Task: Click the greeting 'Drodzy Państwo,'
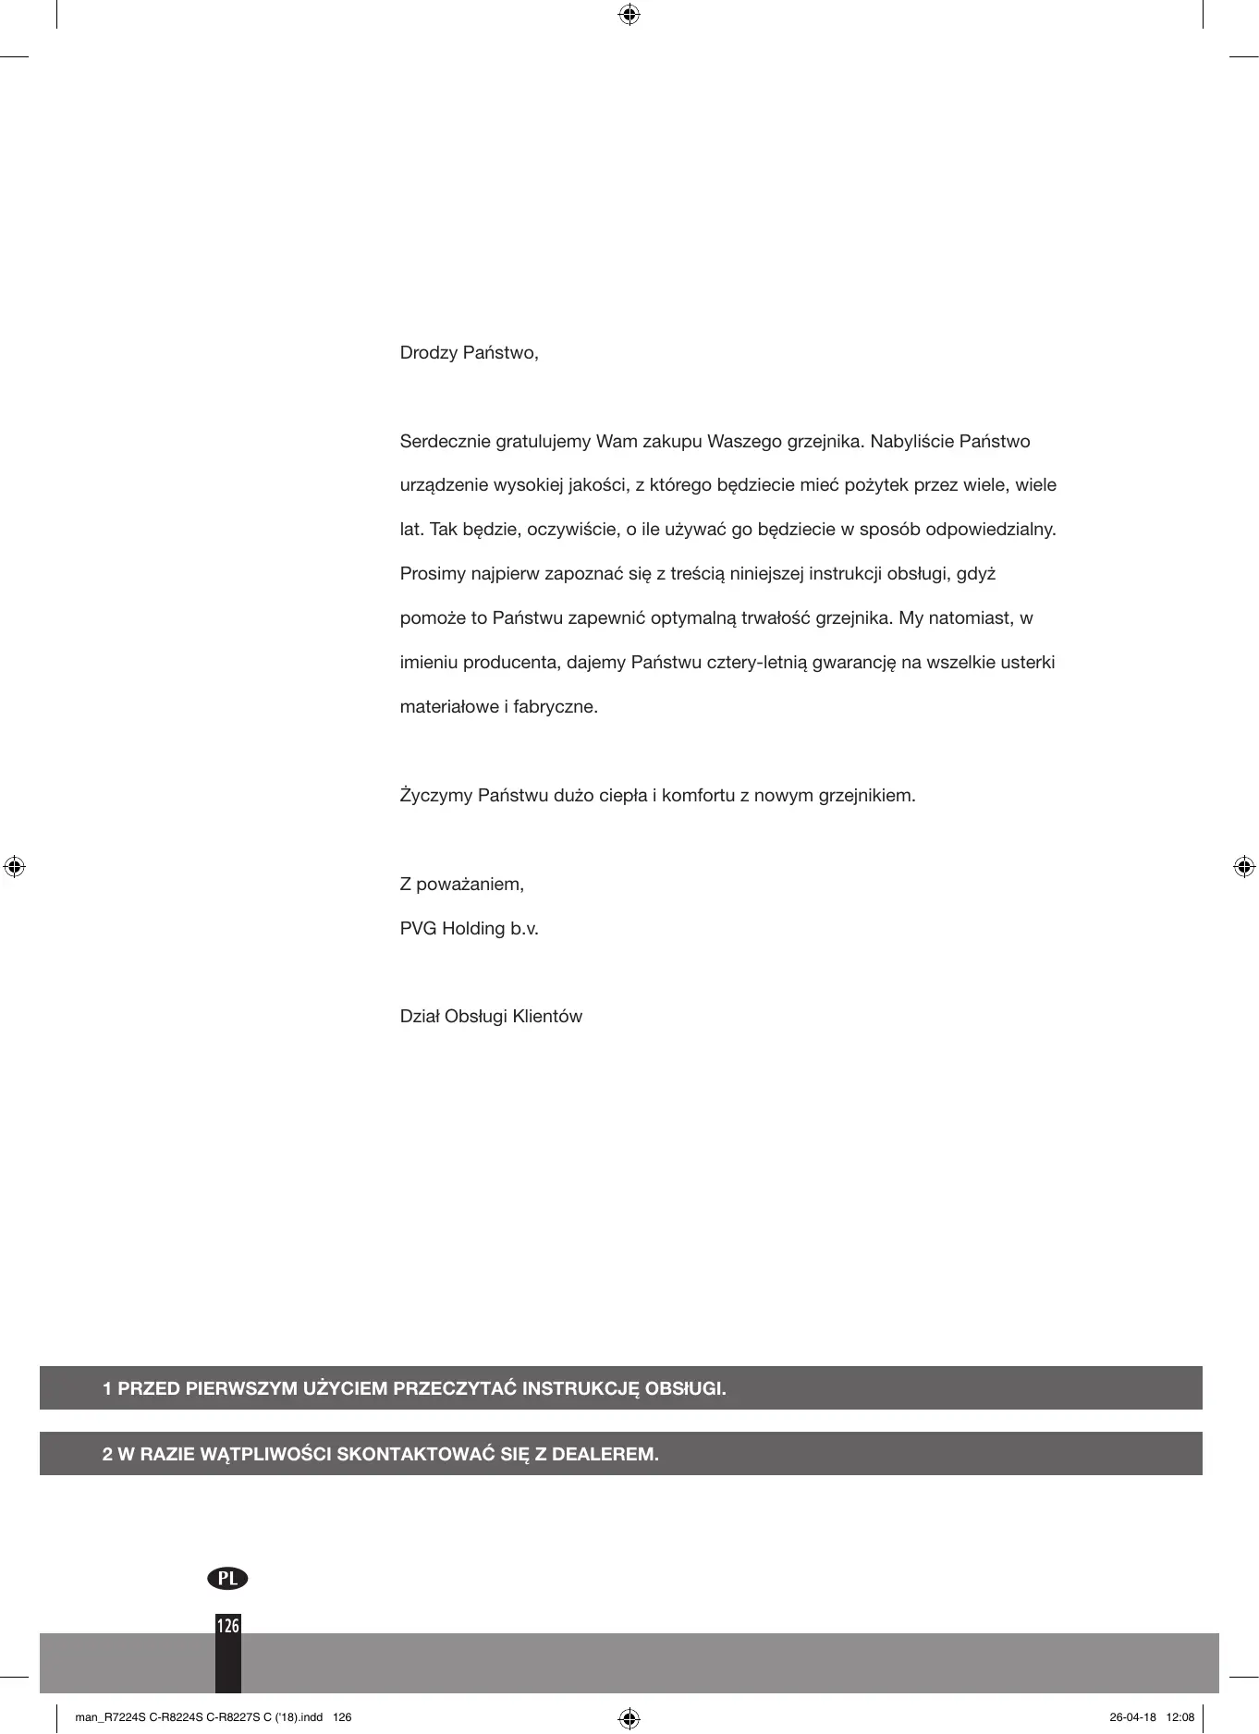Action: pos(469,353)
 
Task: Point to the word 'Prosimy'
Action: pos(433,574)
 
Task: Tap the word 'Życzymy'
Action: pos(435,796)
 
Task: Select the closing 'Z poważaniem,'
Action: pos(461,885)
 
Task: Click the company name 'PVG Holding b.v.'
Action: pos(469,929)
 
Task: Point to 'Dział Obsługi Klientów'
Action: pos(491,1017)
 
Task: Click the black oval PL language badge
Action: pos(227,1578)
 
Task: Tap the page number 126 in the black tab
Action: pos(227,1625)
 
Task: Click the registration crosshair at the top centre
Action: pos(629,14)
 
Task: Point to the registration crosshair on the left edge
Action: pos(14,867)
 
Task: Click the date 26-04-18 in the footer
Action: pos(1132,1717)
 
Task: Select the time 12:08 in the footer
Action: pos(1180,1717)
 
